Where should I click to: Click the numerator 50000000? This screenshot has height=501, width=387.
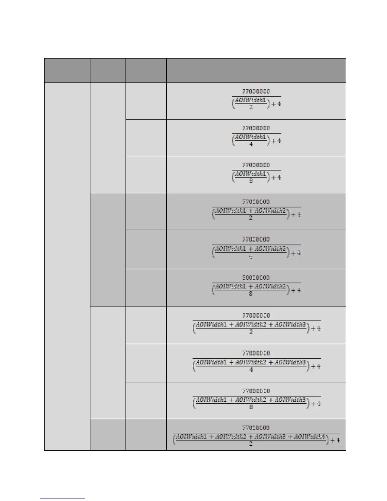(256, 278)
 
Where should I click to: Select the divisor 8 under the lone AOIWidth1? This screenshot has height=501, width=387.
(251, 181)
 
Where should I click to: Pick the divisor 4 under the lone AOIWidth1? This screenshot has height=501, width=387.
(251, 144)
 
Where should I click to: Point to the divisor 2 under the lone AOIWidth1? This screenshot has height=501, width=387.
(251, 107)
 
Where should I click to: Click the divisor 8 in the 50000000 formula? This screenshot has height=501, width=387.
(250, 294)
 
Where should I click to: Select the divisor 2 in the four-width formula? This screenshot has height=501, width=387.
(250, 444)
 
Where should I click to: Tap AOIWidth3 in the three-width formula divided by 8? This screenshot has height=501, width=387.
(290, 400)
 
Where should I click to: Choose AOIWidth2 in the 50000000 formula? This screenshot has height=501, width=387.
(270, 287)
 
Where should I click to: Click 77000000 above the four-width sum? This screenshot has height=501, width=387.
(256, 428)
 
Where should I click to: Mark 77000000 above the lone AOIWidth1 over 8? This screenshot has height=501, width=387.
(256, 165)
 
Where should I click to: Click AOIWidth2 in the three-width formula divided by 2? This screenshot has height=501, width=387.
(251, 325)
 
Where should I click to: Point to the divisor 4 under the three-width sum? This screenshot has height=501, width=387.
(251, 369)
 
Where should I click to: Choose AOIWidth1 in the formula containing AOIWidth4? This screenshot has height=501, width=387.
(191, 437)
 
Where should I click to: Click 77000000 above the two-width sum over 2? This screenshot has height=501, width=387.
(256, 202)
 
